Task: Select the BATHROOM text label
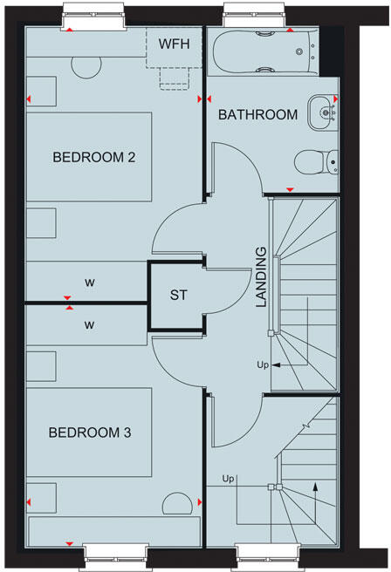257,115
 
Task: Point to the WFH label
175,43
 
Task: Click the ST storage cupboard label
178,296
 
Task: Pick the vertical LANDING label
261,288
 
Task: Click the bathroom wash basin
324,111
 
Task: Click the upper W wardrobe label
90,283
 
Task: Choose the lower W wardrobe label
90,324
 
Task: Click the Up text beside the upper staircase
262,364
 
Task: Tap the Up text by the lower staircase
229,479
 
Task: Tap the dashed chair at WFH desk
175,77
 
